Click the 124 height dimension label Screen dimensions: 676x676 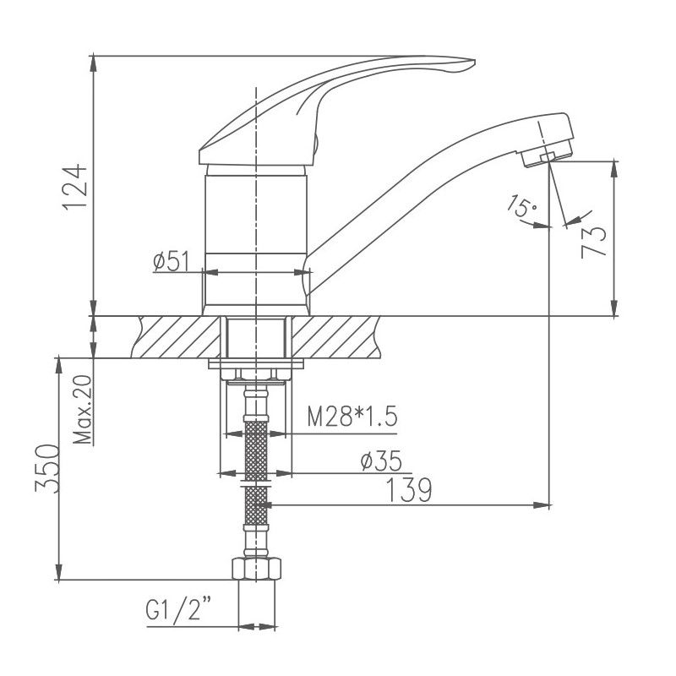tap(75, 185)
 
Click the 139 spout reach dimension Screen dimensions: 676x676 tap(410, 489)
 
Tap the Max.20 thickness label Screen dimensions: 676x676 tap(82, 410)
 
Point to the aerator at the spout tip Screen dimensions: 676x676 tap(548, 155)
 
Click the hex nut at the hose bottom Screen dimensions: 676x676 tap(257, 569)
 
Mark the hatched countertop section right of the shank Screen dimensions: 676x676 tap(334, 337)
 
